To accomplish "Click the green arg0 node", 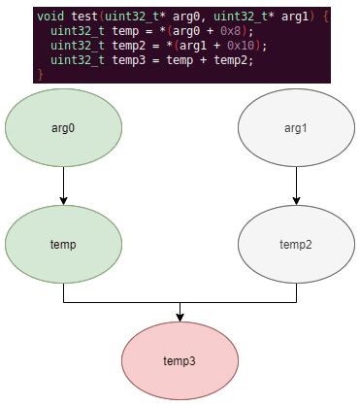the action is click(x=63, y=128).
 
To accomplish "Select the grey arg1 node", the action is click(x=296, y=128).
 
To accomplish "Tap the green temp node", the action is click(x=63, y=245).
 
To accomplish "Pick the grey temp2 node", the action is click(x=296, y=245).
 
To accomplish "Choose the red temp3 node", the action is click(x=180, y=360).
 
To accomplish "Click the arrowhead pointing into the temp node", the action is click(x=63, y=201).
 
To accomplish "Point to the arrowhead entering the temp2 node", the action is click(x=296, y=201).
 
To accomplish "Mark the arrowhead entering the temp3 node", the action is click(x=180, y=318).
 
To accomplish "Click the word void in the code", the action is click(x=50, y=17).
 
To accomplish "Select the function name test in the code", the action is click(x=84, y=17).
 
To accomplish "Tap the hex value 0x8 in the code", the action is click(x=231, y=31).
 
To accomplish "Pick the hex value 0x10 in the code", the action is click(x=241, y=46).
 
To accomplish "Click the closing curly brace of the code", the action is click(x=41, y=75).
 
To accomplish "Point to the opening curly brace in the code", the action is click(x=325, y=17).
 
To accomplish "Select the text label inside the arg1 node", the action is click(x=296, y=128).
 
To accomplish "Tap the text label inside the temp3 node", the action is click(x=180, y=361).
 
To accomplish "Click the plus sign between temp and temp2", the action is click(x=204, y=60).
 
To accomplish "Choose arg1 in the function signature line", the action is click(x=295, y=17).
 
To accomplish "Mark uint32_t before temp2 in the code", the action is click(x=78, y=46).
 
